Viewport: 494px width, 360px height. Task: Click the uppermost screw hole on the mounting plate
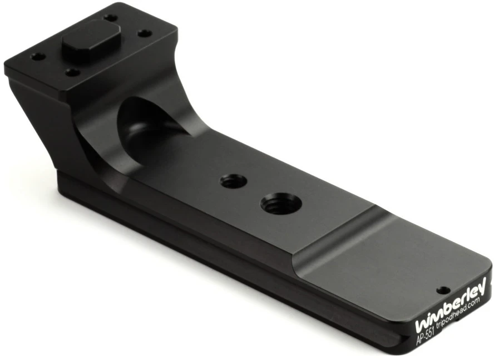pos(110,18)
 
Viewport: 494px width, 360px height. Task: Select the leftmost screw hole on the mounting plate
pos(38,57)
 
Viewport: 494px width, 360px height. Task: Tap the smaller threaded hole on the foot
pos(234,182)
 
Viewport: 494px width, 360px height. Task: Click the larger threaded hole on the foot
pos(281,204)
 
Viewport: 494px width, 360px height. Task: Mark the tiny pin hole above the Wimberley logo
pos(443,289)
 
